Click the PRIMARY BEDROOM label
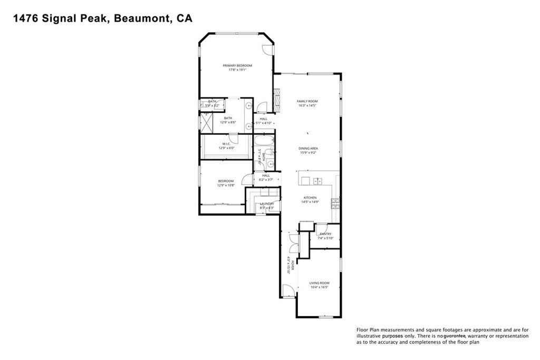(x=237, y=65)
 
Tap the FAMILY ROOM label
(x=307, y=101)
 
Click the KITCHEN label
(x=308, y=198)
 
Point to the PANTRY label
(x=325, y=233)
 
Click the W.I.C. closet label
(x=226, y=143)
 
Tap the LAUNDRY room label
(x=266, y=203)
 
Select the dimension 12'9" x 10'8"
(x=226, y=186)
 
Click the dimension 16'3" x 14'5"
(x=307, y=106)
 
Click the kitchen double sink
(x=318, y=181)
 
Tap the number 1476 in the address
(x=22, y=18)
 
